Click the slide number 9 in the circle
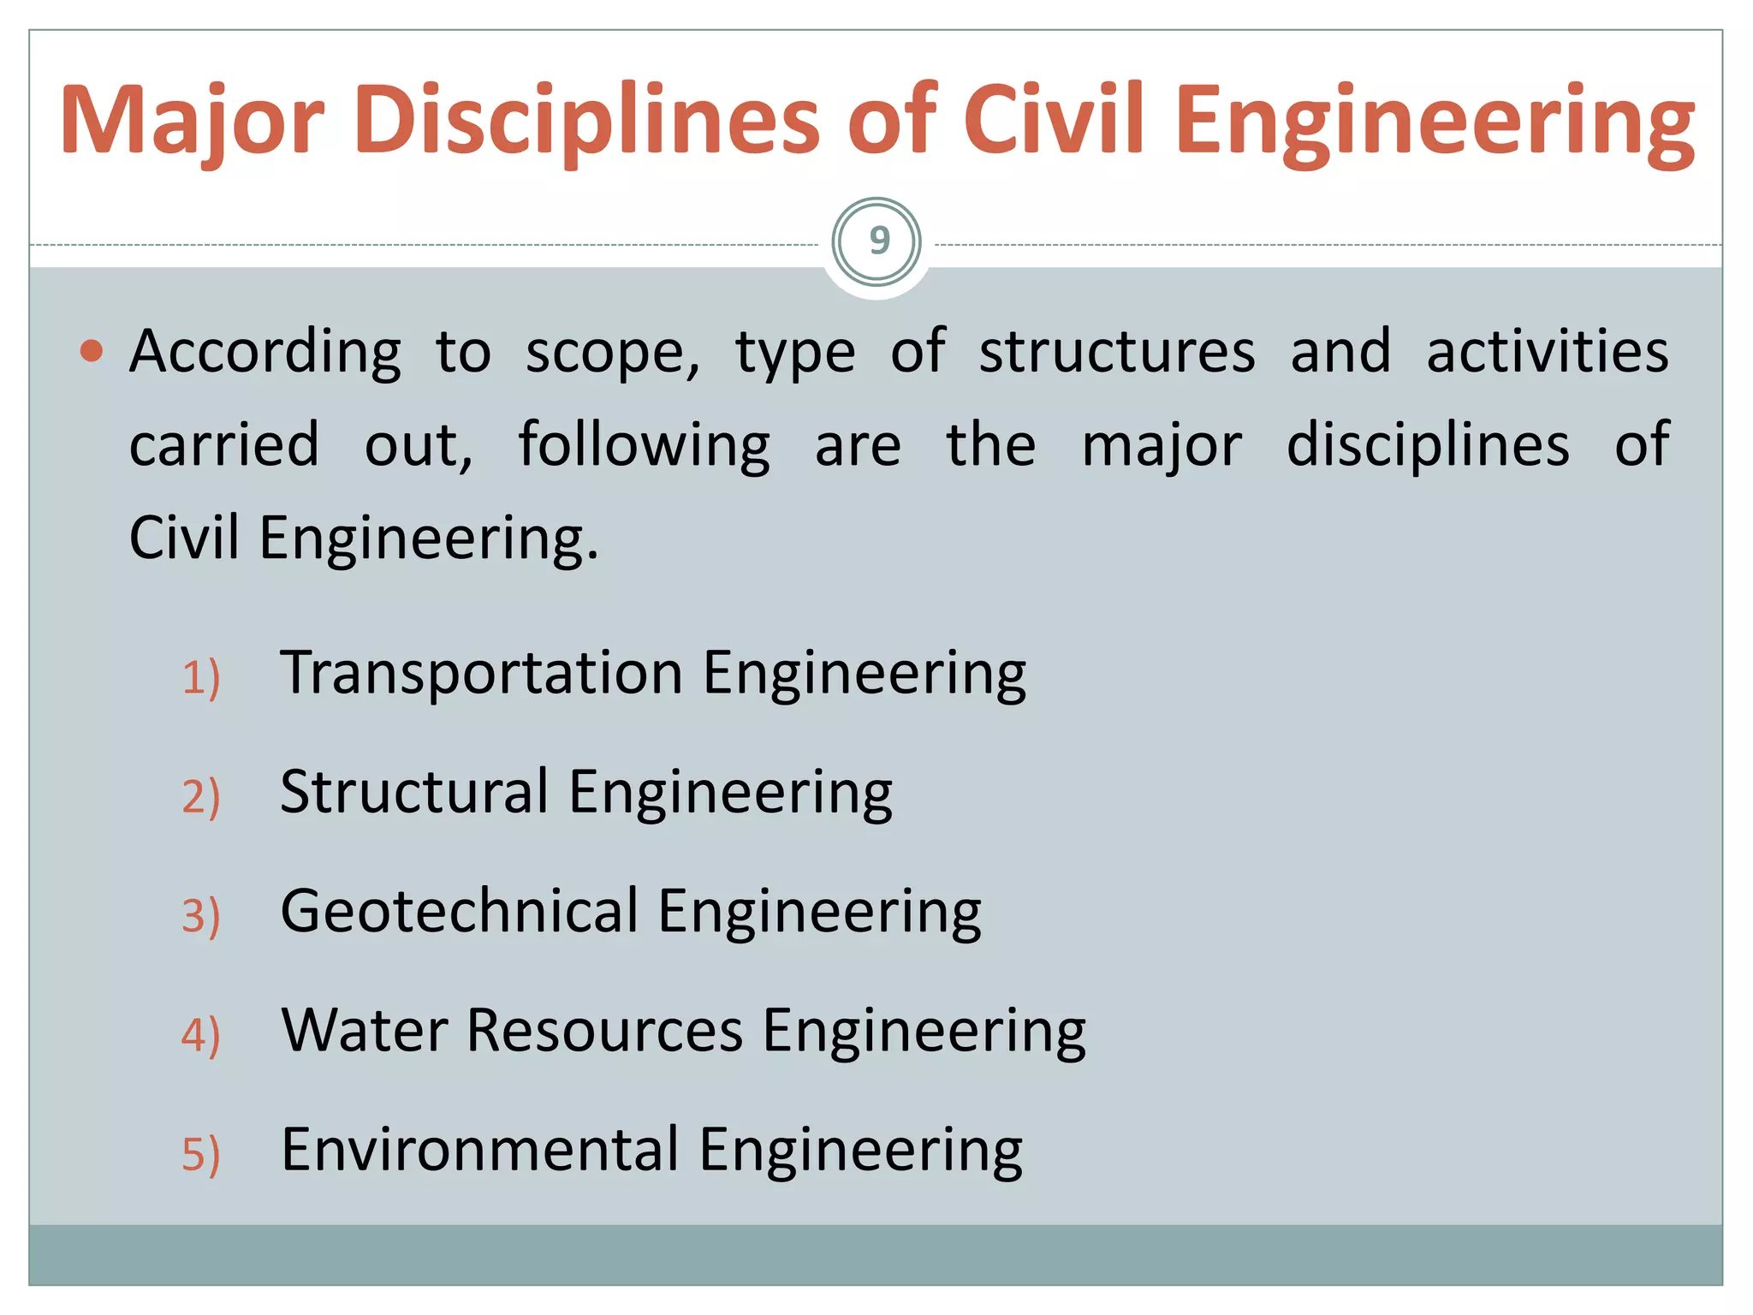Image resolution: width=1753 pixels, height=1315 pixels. click(x=878, y=241)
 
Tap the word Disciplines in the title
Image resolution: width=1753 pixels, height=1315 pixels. click(x=586, y=121)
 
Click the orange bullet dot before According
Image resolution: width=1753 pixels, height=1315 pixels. click(x=92, y=351)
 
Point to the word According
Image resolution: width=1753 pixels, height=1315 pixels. click(x=264, y=352)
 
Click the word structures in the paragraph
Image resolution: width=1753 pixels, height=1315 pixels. click(x=1117, y=352)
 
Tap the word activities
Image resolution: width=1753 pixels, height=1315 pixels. click(x=1547, y=352)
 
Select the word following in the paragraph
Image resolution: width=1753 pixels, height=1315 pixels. click(x=644, y=446)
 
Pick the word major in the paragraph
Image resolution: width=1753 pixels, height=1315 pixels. click(x=1162, y=446)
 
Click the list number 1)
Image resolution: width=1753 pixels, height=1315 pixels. click(x=201, y=678)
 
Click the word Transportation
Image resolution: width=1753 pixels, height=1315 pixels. click(x=481, y=673)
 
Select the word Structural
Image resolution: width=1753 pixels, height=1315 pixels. click(x=414, y=792)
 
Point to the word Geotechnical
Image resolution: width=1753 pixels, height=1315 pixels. click(x=460, y=911)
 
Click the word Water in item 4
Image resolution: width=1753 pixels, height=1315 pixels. click(x=365, y=1030)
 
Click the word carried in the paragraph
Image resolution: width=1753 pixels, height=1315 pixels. click(x=224, y=446)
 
